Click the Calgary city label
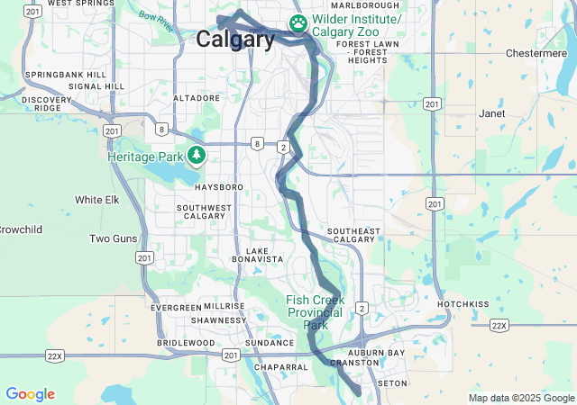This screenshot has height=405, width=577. tap(235, 40)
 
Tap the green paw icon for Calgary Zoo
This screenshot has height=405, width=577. tap(298, 21)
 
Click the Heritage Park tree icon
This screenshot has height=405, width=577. tap(197, 157)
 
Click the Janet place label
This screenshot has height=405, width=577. tap(492, 114)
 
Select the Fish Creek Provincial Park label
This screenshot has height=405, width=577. tap(315, 312)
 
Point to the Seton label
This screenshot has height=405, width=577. tap(392, 382)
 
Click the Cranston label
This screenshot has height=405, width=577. tap(349, 363)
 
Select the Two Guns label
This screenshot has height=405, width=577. tap(112, 238)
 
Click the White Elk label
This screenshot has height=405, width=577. tap(97, 200)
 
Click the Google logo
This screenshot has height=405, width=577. tap(30, 394)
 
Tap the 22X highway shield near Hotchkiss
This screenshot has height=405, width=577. tap(500, 325)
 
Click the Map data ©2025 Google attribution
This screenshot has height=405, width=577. tap(521, 398)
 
